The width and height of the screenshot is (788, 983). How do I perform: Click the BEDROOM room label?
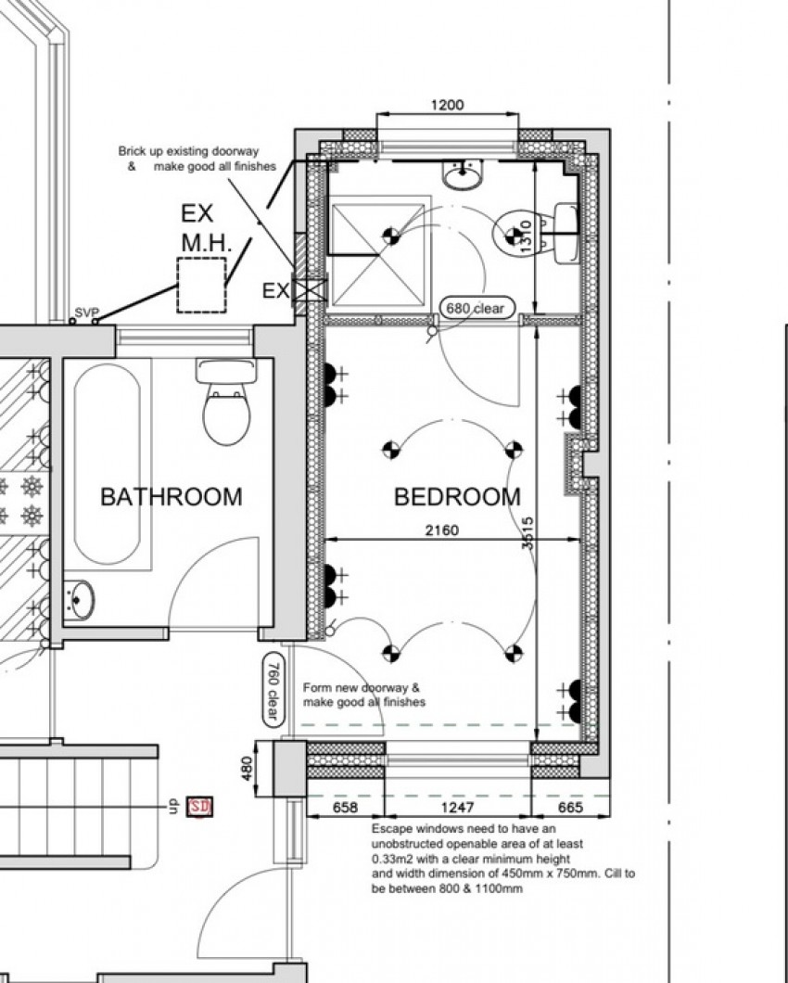tap(457, 497)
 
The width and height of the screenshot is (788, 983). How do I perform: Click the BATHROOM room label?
tap(172, 497)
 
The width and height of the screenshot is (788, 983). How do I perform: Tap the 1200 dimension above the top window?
tap(447, 105)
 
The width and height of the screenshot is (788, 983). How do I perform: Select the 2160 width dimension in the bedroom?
tap(442, 530)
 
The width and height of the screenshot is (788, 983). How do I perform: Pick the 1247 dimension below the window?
tap(457, 808)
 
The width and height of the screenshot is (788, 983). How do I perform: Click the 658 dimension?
tap(345, 808)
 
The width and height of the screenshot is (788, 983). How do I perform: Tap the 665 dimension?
tap(570, 808)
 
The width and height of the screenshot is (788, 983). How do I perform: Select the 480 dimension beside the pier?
tap(247, 768)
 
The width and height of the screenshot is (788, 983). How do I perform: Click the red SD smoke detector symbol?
tap(200, 806)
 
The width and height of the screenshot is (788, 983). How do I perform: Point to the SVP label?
tap(86, 313)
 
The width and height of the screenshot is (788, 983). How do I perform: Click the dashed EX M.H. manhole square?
tap(201, 286)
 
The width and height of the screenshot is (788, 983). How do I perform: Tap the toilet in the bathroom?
tap(226, 402)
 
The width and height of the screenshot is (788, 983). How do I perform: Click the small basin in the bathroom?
tap(79, 600)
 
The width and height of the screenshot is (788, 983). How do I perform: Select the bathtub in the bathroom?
tap(108, 464)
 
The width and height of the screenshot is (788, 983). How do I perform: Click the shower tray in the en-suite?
tap(377, 255)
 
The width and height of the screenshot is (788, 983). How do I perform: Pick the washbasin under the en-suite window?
tap(464, 173)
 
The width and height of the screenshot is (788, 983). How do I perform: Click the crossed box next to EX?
tap(310, 289)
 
